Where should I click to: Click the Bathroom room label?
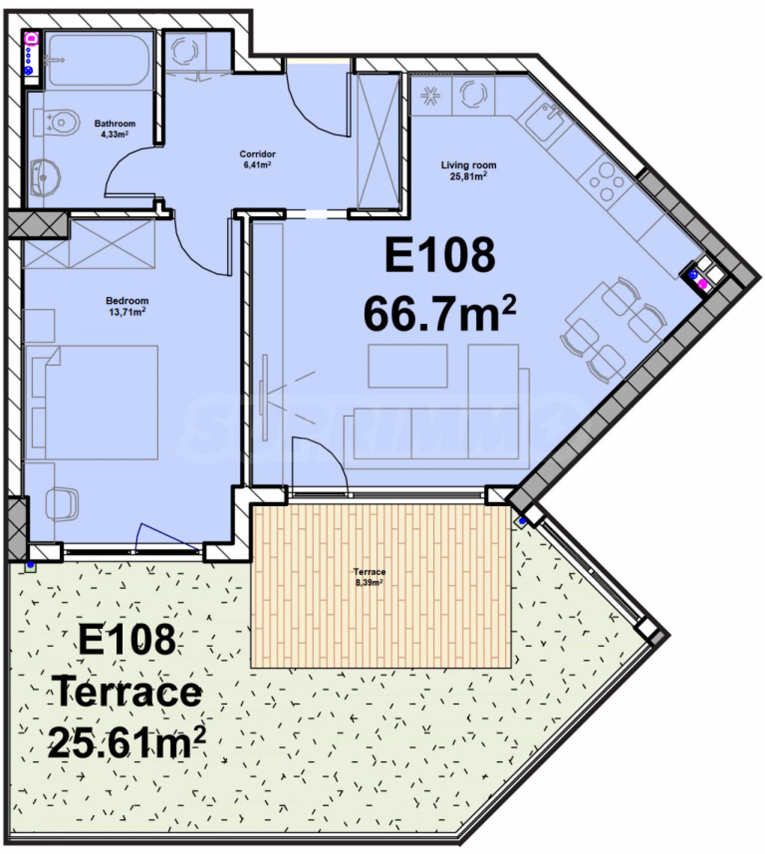pyautogui.click(x=115, y=124)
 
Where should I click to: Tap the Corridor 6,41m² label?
pyautogui.click(x=257, y=159)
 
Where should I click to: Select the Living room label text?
pyautogui.click(x=468, y=165)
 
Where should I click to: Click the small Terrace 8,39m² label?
pyautogui.click(x=369, y=577)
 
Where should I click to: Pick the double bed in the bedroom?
pyautogui.click(x=91, y=403)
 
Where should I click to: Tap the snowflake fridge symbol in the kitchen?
pyautogui.click(x=430, y=95)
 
